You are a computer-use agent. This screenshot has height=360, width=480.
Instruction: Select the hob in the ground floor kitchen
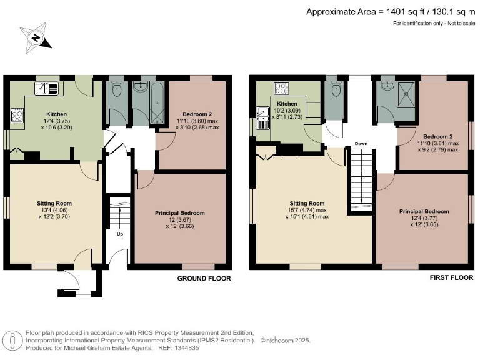[17, 116]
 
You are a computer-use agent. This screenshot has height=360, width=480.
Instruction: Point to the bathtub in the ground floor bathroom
[152, 101]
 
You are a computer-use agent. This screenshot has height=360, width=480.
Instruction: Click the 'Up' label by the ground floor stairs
[119, 234]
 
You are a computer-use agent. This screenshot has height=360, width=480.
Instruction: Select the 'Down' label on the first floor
[361, 143]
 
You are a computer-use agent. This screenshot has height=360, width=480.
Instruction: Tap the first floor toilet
[336, 91]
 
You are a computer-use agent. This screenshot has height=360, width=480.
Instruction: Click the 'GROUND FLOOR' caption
[204, 278]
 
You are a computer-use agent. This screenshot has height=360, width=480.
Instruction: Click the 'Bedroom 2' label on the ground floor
[193, 114]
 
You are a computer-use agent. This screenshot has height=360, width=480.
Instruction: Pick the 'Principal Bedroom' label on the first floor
[424, 211]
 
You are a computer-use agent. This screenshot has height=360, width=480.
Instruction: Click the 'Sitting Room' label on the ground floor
[54, 203]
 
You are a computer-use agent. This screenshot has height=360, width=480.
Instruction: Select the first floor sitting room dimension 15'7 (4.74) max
[306, 211]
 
